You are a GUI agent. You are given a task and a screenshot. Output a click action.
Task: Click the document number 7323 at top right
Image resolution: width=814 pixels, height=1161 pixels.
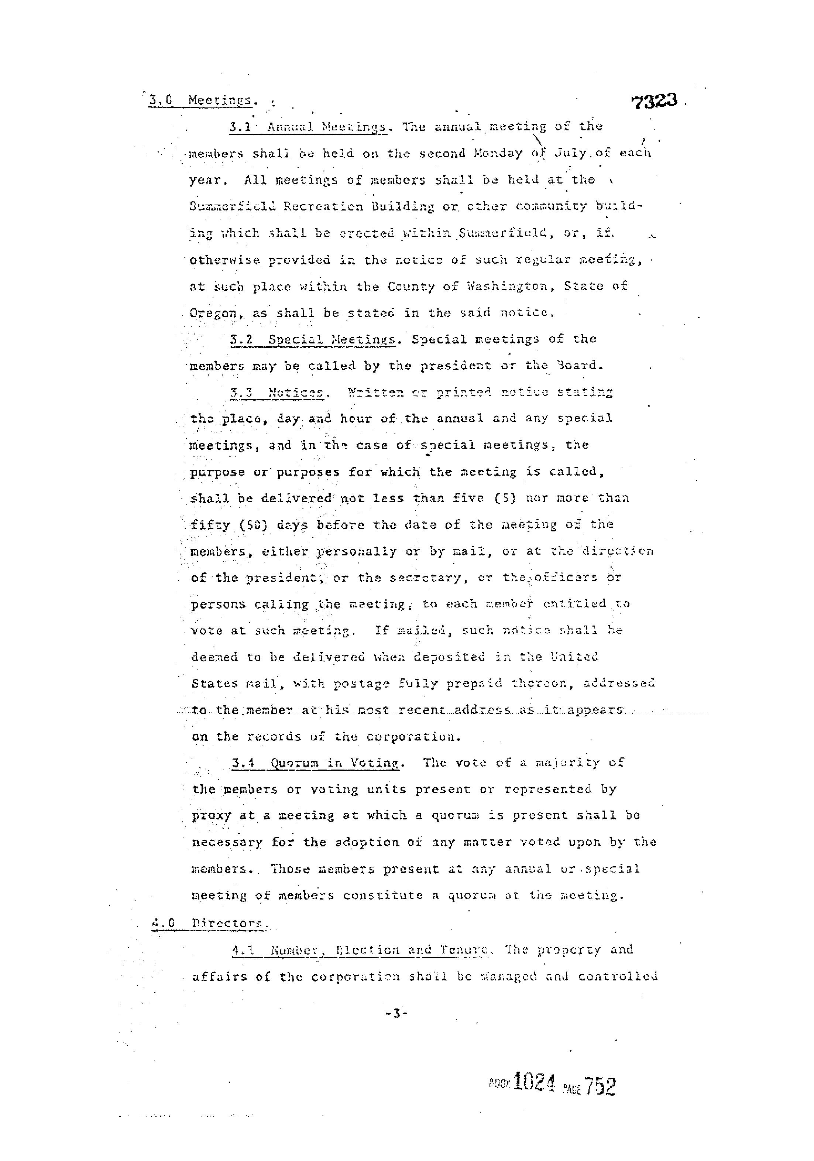(x=654, y=102)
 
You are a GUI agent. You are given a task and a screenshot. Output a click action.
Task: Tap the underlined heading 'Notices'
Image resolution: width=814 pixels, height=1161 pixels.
(x=296, y=393)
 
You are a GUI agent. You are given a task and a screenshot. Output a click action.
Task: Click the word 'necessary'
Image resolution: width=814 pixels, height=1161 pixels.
(x=227, y=842)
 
